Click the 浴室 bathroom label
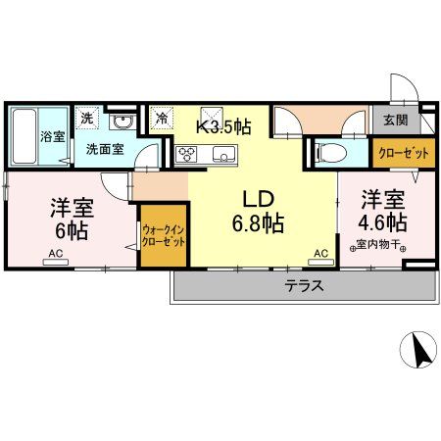point(52,136)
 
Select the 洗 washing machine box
point(87,118)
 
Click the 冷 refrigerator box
point(162,118)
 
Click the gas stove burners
point(187,154)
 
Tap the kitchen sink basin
point(222,154)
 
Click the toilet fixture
point(329,152)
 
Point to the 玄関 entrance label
point(395,121)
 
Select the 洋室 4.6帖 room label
point(380,210)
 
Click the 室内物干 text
point(379,245)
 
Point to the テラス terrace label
point(305,287)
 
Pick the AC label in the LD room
point(320,254)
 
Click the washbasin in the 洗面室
point(123,122)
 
